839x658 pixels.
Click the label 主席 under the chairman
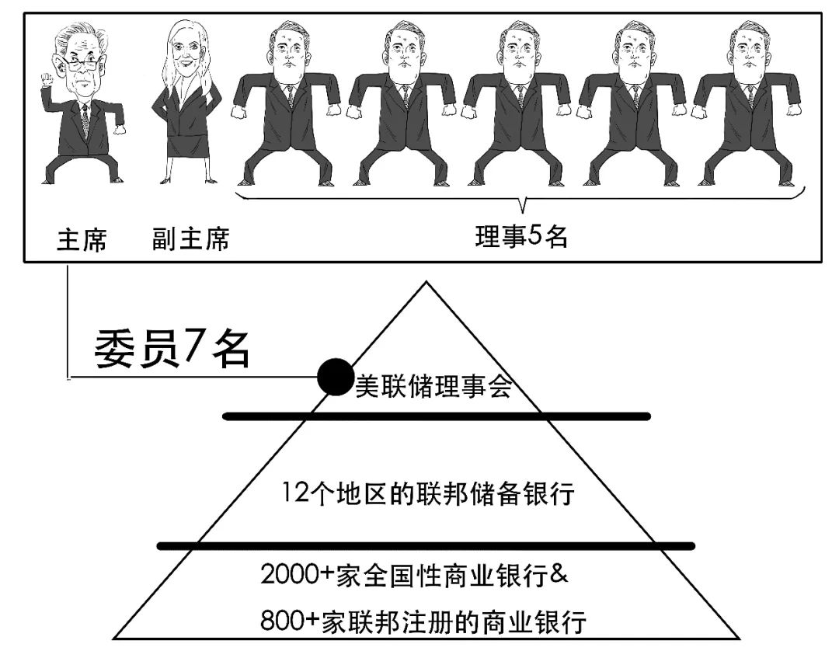pos(82,240)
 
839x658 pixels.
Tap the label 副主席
pos(190,238)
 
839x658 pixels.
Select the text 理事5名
pos(521,236)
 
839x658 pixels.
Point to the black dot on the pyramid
pos(335,378)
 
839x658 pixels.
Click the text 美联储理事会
pos(433,386)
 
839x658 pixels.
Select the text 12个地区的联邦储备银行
pos(429,493)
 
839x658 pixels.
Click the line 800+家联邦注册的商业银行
pos(423,621)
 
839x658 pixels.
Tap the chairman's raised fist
pos(46,80)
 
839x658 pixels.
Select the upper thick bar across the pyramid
pos(436,416)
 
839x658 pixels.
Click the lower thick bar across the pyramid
pos(426,545)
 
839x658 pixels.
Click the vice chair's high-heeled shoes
pos(188,180)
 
